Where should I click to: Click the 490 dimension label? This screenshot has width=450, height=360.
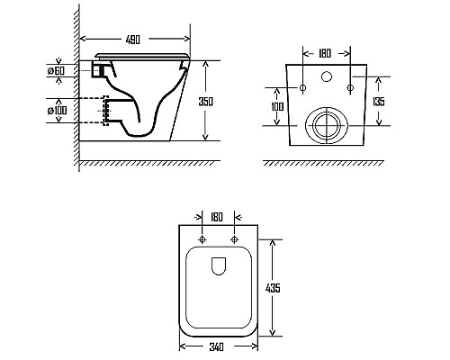[133, 40]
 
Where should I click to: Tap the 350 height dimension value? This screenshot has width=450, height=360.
[206, 102]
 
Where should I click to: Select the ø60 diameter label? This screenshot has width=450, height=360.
[56, 71]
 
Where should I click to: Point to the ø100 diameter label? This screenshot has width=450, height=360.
[57, 111]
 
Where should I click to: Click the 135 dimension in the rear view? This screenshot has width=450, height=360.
[379, 102]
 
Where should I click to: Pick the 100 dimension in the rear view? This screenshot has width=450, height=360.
[277, 106]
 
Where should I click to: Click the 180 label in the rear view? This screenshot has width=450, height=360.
[325, 53]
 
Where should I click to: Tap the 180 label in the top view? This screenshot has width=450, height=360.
[217, 217]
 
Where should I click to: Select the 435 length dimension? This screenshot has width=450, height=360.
[273, 288]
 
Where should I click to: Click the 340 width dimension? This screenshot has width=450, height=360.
[216, 346]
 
